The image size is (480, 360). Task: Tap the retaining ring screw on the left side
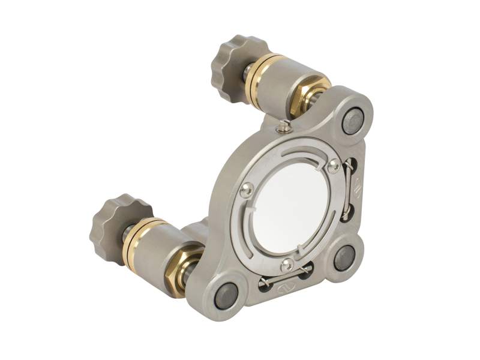pos(245,191)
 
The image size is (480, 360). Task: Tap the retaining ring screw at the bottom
pos(289,264)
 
